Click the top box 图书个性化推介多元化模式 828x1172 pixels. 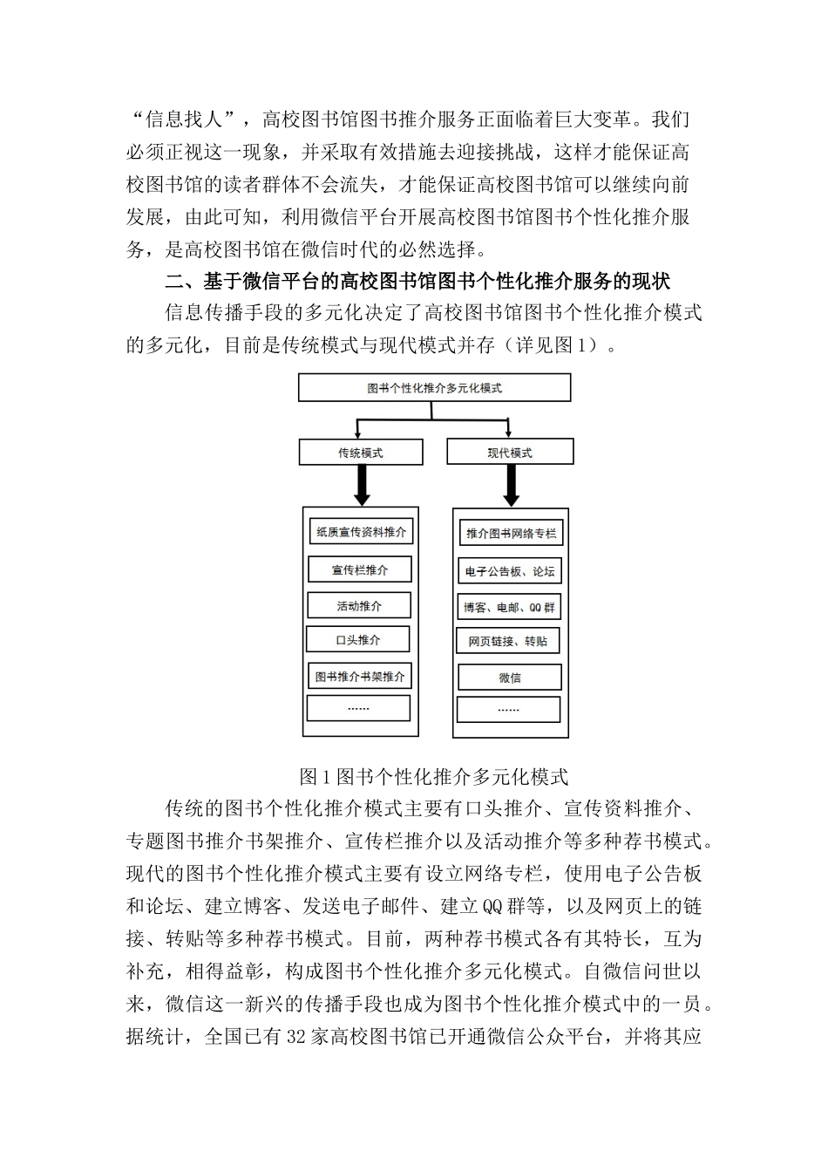pos(434,388)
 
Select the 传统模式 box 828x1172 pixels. pos(360,453)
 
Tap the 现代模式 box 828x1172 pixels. pos(510,453)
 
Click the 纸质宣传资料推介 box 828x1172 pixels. pos(360,532)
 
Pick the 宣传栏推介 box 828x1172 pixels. pos(360,570)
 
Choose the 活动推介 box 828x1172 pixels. pos(359,605)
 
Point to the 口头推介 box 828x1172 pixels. pos(358,640)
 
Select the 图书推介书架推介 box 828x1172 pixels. pos(360,676)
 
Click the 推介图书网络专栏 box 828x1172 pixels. pos(511,533)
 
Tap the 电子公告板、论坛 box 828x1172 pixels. pos(510,572)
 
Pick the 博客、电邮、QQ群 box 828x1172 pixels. pos(510,607)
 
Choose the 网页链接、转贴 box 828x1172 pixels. pos(508,642)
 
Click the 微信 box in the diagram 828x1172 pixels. pos(510,678)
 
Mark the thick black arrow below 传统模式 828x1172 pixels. pos(361,485)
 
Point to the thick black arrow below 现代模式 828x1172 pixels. pos(511,485)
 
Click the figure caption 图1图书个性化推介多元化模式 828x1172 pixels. pos(433,775)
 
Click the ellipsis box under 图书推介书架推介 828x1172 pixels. pos(358,708)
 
